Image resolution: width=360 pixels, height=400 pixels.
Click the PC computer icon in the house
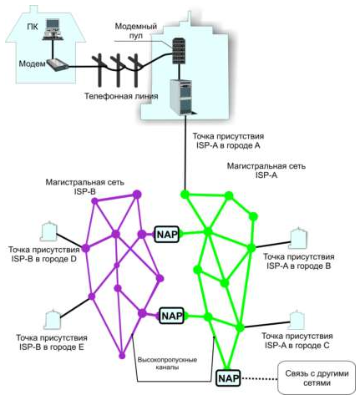tap(53, 29)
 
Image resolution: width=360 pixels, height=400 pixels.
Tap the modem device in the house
tap(58, 65)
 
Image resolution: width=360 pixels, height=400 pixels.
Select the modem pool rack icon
tap(179, 51)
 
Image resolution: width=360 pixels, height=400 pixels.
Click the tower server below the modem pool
tap(182, 97)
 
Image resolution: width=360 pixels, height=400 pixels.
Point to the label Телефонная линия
tap(121, 96)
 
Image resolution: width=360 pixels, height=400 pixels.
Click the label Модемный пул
tap(136, 31)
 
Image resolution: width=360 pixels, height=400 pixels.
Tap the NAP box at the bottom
tap(229, 378)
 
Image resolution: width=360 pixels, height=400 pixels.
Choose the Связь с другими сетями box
tap(317, 377)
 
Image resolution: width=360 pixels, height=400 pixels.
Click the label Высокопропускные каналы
tap(167, 363)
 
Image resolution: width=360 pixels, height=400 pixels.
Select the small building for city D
tap(48, 231)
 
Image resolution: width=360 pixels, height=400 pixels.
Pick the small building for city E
tap(52, 319)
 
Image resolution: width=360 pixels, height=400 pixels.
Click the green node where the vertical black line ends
tap(185, 194)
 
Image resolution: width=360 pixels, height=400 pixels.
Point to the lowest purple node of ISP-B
tap(122, 356)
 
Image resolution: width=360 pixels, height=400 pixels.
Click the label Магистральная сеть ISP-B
tap(85, 187)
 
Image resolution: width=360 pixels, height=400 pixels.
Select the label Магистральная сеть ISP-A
tap(266, 170)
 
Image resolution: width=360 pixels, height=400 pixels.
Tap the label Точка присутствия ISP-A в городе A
tap(228, 141)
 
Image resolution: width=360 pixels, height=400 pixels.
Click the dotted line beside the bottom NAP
tap(260, 378)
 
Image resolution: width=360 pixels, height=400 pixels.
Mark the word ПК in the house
tap(33, 27)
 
